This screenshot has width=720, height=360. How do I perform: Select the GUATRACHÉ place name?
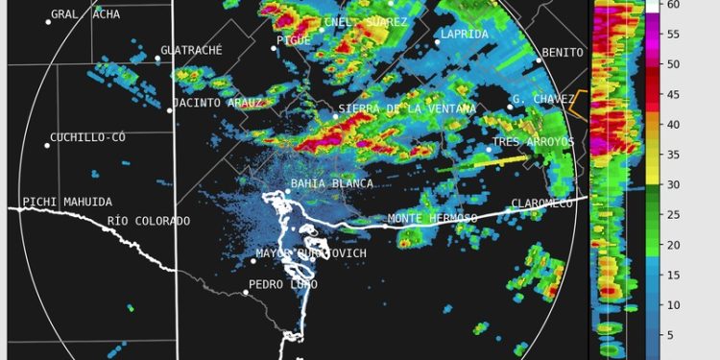pyautogui.click(x=192, y=50)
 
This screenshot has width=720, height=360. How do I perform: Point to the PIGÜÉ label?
pyautogui.click(x=294, y=40)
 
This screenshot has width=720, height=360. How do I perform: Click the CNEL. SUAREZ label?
pyautogui.click(x=366, y=22)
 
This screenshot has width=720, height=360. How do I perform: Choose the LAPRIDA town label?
pyautogui.click(x=465, y=35)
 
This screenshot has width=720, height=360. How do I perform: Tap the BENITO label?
pyautogui.click(x=563, y=53)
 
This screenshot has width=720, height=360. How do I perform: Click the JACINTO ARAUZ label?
pyautogui.click(x=217, y=103)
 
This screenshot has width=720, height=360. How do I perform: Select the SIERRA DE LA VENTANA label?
pyautogui.click(x=407, y=109)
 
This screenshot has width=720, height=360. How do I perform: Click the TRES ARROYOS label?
pyautogui.click(x=533, y=142)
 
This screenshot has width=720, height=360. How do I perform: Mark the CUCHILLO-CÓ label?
pyautogui.click(x=88, y=137)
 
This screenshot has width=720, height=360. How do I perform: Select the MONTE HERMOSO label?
pyautogui.click(x=432, y=219)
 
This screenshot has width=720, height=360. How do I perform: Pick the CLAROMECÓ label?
pyautogui.click(x=542, y=204)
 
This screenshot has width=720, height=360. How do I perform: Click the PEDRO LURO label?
pyautogui.click(x=283, y=284)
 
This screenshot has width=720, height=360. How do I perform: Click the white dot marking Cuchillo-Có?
pyautogui.click(x=46, y=145)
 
